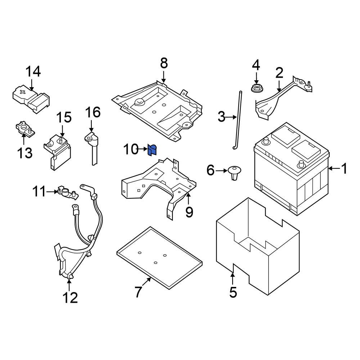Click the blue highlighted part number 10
click(x=152, y=150)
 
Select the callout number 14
click(x=33, y=72)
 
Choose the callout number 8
click(x=164, y=63)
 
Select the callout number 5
click(x=233, y=292)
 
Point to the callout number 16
click(x=93, y=113)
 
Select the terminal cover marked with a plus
click(x=31, y=99)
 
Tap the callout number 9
click(x=189, y=212)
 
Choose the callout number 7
click(x=139, y=292)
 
